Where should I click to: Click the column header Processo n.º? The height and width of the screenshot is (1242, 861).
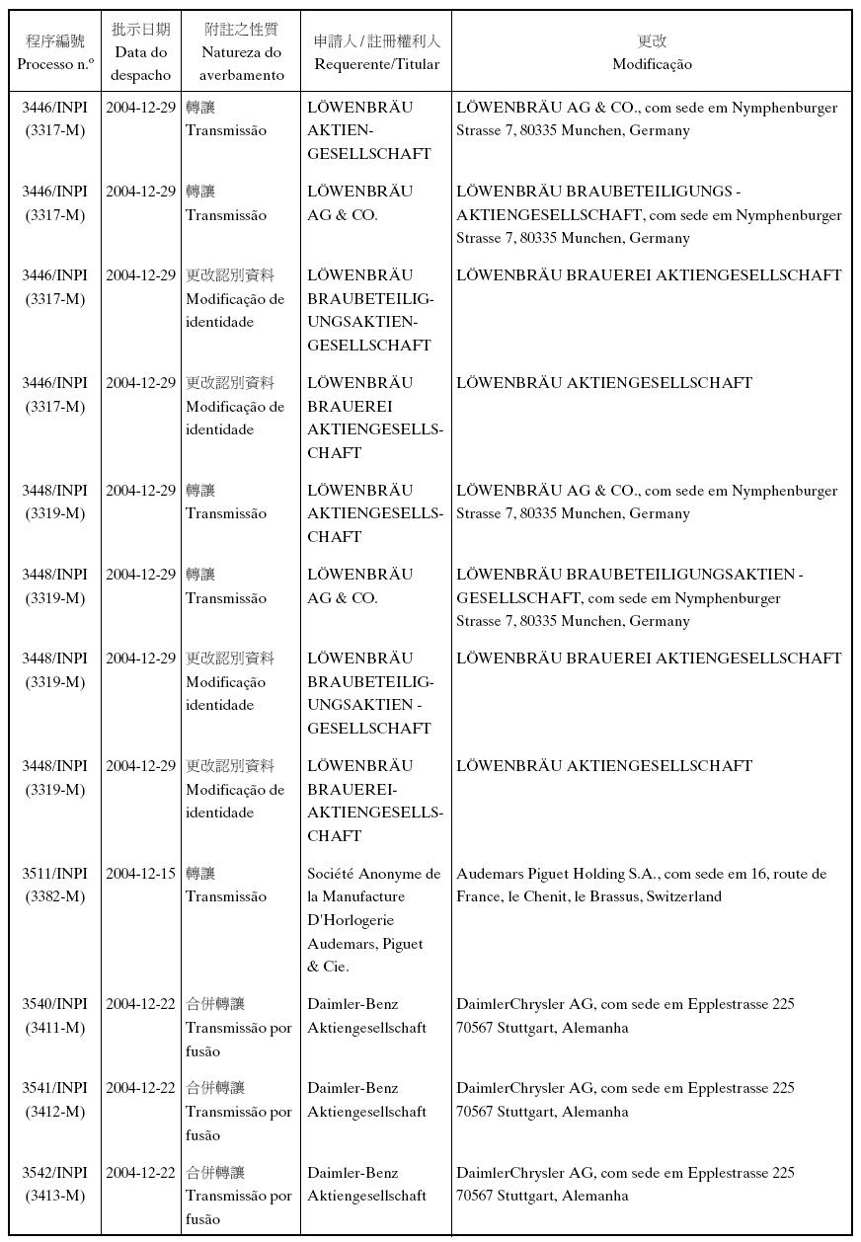point(55,63)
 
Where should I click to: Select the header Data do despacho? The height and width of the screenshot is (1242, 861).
point(140,63)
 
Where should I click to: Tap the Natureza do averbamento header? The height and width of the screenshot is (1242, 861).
point(241,63)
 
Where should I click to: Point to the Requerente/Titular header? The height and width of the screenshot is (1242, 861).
point(376,63)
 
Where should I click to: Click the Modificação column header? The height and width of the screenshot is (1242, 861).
point(652,64)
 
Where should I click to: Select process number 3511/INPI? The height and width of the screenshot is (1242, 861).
point(55,874)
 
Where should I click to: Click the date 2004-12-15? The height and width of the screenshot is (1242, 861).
point(140,874)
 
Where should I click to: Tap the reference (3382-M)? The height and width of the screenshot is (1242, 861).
point(55,897)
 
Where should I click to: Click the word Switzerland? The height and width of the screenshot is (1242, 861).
point(684,897)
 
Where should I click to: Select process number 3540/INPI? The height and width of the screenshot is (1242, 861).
point(55,1004)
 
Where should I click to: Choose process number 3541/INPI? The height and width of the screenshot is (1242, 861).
point(55,1088)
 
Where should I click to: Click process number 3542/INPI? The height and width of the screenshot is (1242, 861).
point(55,1173)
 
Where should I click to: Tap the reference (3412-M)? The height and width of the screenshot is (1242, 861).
point(55,1112)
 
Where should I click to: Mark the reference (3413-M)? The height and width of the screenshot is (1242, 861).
point(55,1197)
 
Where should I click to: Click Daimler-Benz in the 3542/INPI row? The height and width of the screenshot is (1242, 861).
point(352,1173)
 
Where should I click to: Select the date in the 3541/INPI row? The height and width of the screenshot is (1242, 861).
point(140,1088)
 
